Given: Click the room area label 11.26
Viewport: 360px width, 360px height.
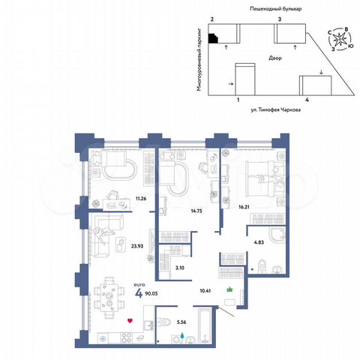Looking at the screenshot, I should coord(140,199).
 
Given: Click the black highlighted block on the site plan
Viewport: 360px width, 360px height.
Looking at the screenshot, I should coord(214,38).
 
